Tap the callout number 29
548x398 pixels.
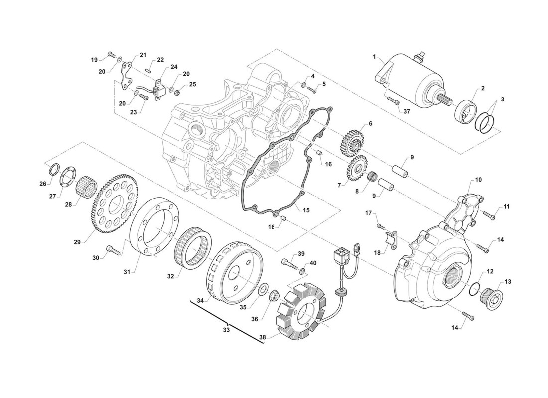click(77, 242)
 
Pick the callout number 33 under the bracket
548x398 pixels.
click(226, 329)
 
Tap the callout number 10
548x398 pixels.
click(478, 180)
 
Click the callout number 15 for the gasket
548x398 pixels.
click(306, 210)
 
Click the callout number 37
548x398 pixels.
click(407, 111)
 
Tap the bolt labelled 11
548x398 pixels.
click(490, 216)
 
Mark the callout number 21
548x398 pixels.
click(143, 55)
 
